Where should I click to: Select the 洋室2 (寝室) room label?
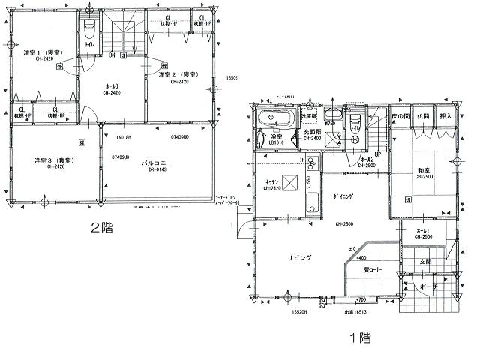[178, 76]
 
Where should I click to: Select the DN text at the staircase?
[111, 55]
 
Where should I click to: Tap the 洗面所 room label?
[311, 133]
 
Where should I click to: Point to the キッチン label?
[273, 182]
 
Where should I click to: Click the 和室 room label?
[425, 172]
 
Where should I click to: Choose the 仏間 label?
[422, 118]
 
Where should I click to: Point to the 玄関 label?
[425, 261]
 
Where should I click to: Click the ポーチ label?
[430, 286]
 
